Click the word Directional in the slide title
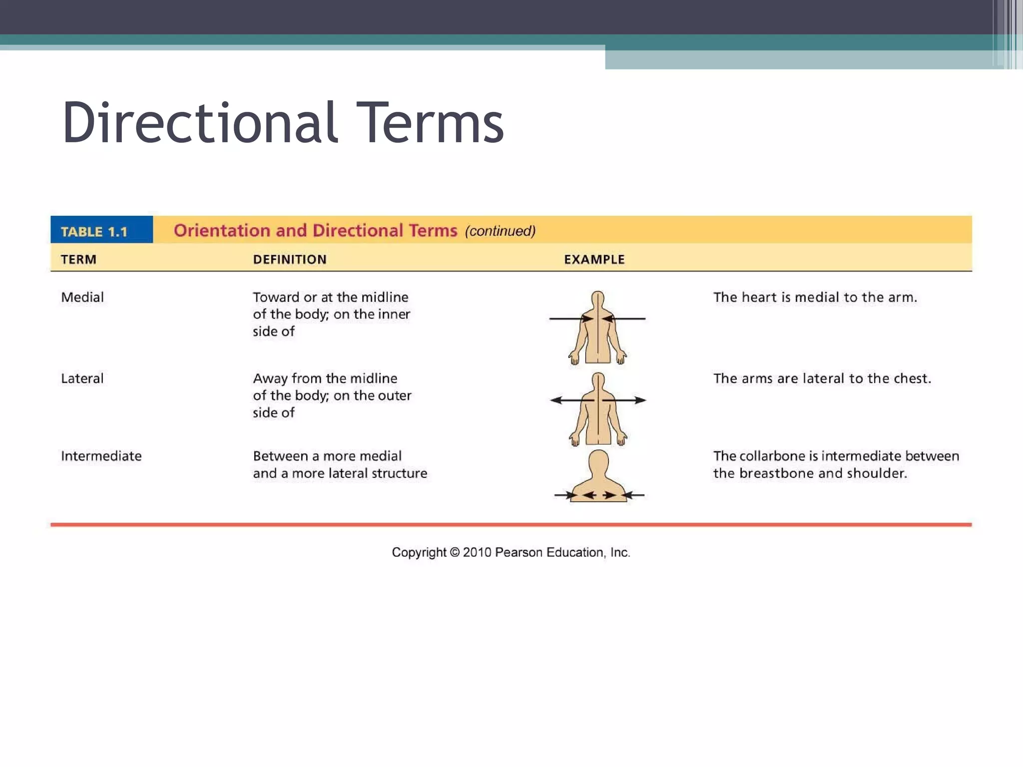[200, 122]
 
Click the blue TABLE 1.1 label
[94, 232]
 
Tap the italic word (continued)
[500, 231]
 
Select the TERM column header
[78, 259]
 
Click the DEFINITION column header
[290, 259]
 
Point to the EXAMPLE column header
[594, 259]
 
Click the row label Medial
[82, 297]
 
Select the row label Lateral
[82, 379]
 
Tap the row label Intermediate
[101, 456]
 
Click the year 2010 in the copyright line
[477, 552]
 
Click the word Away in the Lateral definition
[270, 379]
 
